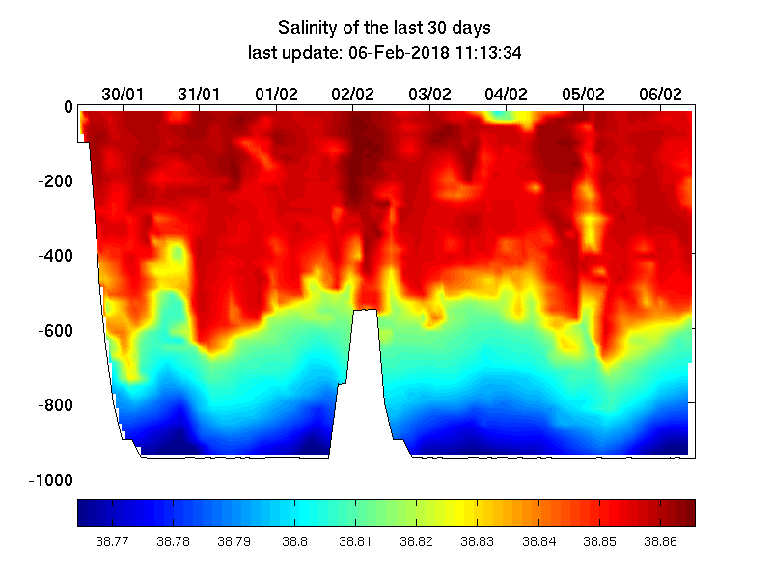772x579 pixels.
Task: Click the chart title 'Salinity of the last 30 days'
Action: [x=385, y=27]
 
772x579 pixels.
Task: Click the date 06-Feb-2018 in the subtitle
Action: [x=384, y=53]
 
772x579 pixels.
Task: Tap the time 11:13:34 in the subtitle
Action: [x=482, y=53]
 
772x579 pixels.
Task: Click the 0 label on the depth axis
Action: [x=68, y=106]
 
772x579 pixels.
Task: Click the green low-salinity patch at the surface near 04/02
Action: [x=501, y=116]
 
